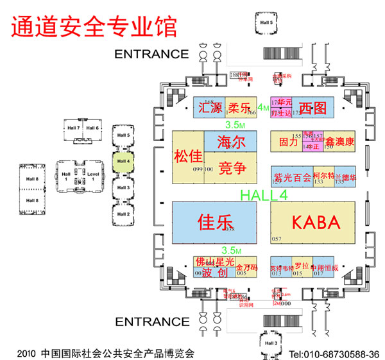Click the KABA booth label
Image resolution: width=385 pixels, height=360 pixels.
tap(314, 223)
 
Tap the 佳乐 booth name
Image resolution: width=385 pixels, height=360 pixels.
tap(214, 223)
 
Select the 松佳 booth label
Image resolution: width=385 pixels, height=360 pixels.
tap(188, 156)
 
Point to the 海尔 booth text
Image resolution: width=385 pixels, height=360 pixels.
tap(232, 142)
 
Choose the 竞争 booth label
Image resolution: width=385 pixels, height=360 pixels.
tap(232, 169)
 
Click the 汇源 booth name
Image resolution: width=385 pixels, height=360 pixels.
tap(210, 107)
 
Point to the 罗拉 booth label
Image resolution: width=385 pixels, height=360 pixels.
tap(302, 265)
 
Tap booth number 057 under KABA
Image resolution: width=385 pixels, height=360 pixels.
tap(277, 239)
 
